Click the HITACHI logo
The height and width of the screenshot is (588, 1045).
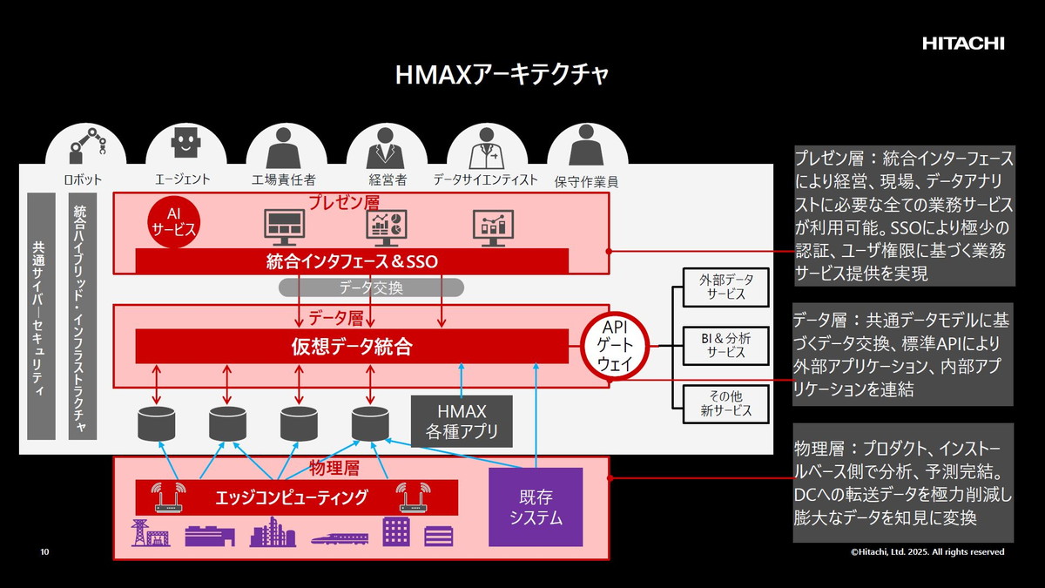click(x=963, y=43)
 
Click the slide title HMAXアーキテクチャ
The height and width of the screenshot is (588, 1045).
click(x=502, y=75)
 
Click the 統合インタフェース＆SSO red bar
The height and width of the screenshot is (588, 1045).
click(x=352, y=260)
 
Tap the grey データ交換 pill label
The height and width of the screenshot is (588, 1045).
click(x=371, y=287)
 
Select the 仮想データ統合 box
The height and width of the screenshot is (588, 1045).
click(x=352, y=347)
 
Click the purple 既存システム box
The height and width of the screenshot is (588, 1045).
click(x=535, y=507)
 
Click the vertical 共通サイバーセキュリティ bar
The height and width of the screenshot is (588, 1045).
click(x=41, y=316)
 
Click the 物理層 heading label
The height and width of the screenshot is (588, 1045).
click(x=334, y=469)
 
